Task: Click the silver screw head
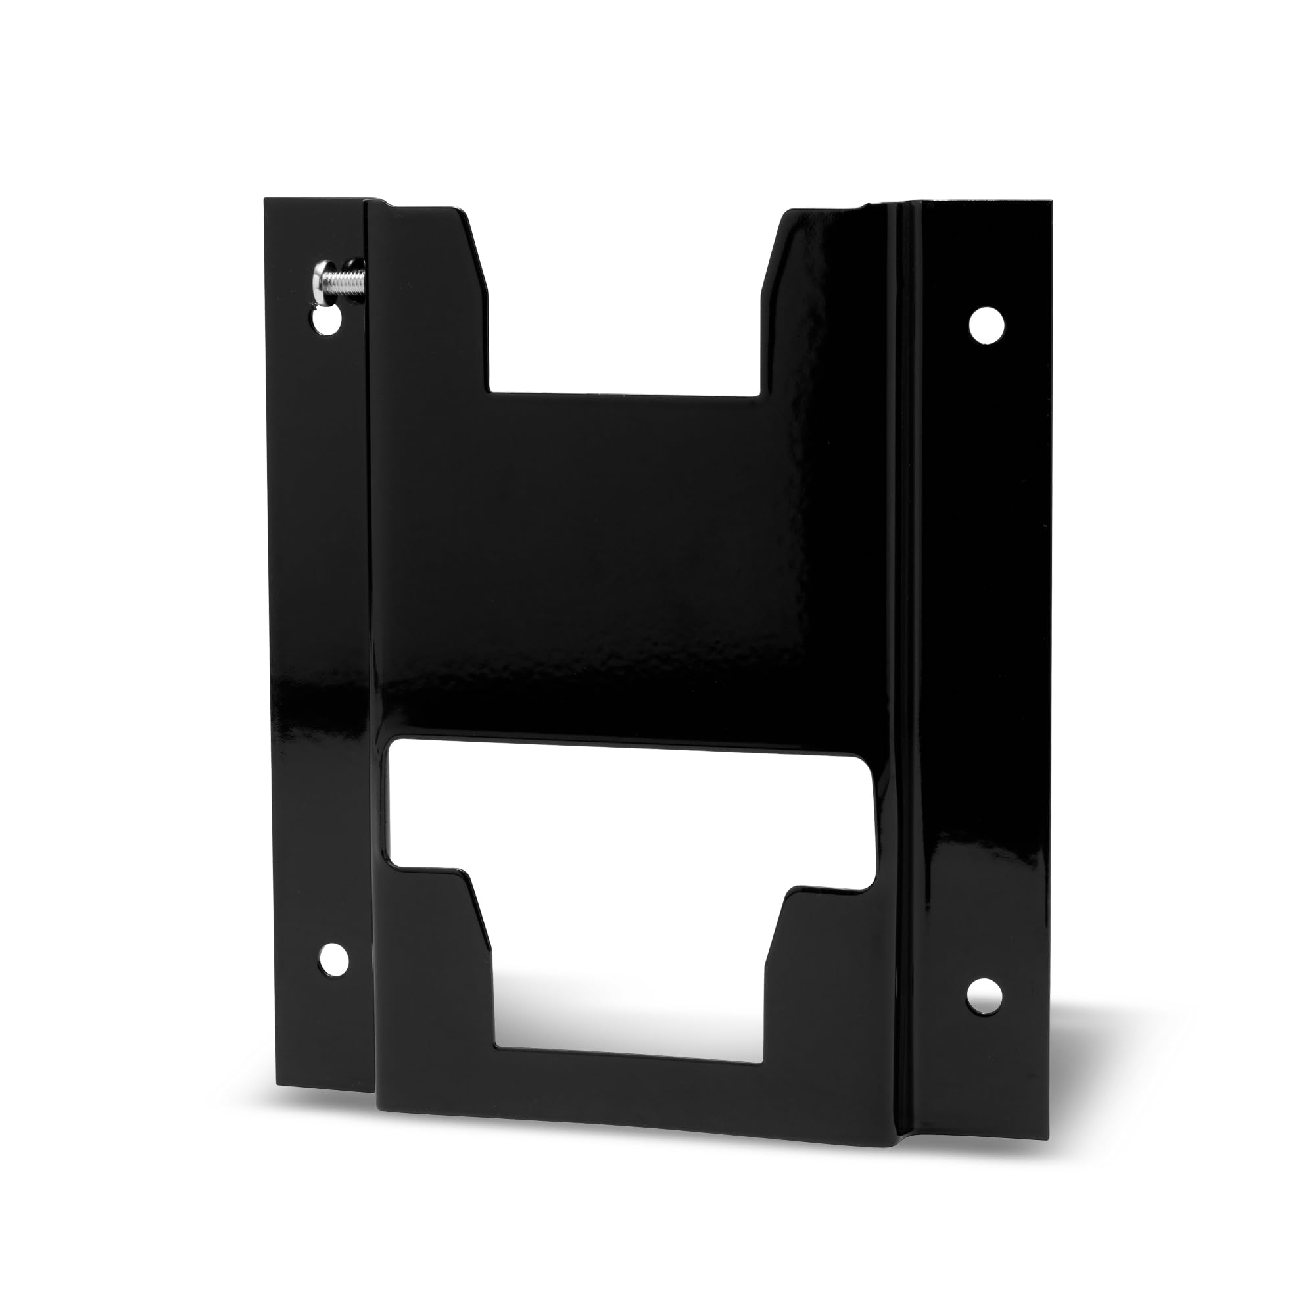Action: pos(320,279)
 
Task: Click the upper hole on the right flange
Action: pos(987,325)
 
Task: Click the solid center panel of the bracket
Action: pos(613,565)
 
